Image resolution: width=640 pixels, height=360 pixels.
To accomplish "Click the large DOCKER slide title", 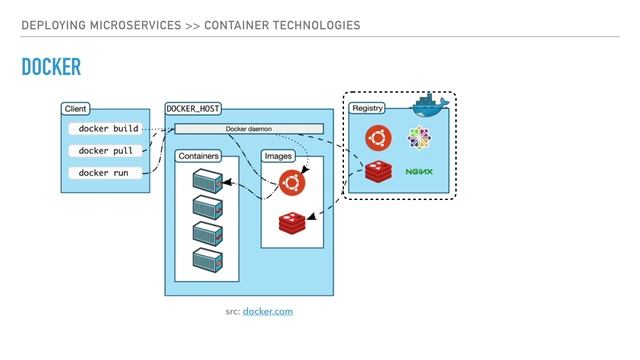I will click(x=50, y=67).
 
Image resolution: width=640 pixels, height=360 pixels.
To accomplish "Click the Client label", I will click(x=75, y=108).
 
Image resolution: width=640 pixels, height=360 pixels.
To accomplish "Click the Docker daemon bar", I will click(x=249, y=129).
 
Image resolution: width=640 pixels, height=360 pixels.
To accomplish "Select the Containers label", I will click(x=198, y=156).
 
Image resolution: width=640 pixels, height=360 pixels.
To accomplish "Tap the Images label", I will click(x=277, y=156).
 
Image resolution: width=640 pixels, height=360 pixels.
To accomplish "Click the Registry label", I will click(x=366, y=107).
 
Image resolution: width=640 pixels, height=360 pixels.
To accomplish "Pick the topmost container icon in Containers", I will click(x=206, y=182).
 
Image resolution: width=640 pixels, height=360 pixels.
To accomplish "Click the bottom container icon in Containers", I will click(x=206, y=259).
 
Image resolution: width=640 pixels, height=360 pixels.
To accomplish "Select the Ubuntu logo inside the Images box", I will click(x=292, y=183).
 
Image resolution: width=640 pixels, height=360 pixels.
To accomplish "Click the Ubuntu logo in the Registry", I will click(x=377, y=137).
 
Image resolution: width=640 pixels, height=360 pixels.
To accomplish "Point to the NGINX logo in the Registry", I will click(x=420, y=172).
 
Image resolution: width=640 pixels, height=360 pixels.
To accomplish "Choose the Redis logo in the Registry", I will click(x=377, y=172).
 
